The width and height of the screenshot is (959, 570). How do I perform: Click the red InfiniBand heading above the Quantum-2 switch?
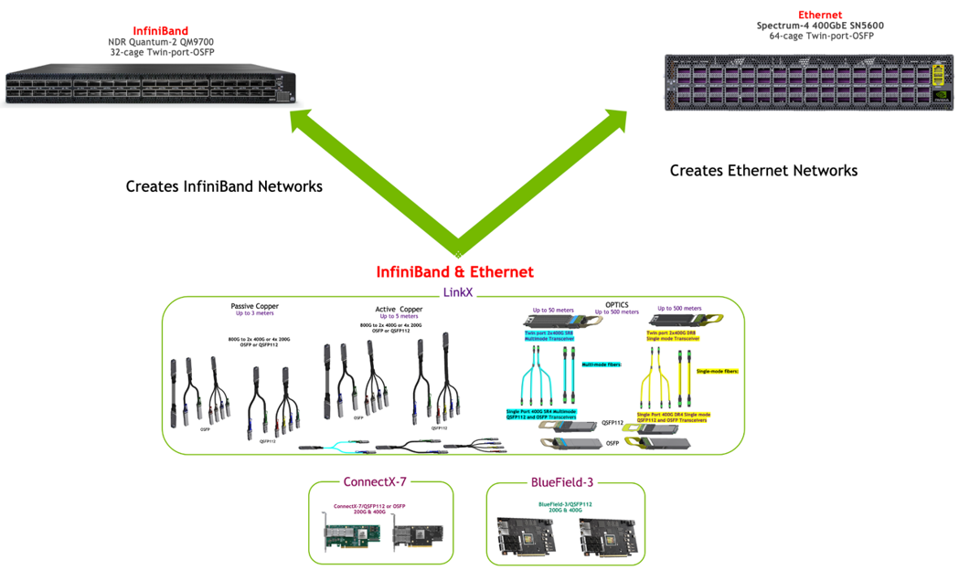[160, 32]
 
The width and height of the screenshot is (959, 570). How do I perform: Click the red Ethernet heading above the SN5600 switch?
[820, 15]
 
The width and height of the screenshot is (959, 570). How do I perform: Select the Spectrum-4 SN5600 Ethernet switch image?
[808, 82]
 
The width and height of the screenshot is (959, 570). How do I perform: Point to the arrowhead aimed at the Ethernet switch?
[614, 120]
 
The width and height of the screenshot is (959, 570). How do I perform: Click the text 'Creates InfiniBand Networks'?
[224, 186]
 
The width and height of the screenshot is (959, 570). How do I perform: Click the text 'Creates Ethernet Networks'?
[763, 171]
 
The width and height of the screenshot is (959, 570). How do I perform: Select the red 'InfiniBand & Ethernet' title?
[454, 272]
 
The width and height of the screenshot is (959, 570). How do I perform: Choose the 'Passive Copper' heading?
[254, 306]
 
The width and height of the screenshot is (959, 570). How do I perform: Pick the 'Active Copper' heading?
[399, 310]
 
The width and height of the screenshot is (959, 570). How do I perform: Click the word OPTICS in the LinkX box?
[616, 305]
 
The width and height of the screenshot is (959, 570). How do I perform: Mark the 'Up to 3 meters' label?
[254, 314]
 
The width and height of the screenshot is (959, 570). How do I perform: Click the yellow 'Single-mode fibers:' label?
[718, 372]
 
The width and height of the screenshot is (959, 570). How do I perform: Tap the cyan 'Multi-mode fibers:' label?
[602, 364]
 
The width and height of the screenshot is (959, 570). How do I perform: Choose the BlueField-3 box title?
[561, 482]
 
